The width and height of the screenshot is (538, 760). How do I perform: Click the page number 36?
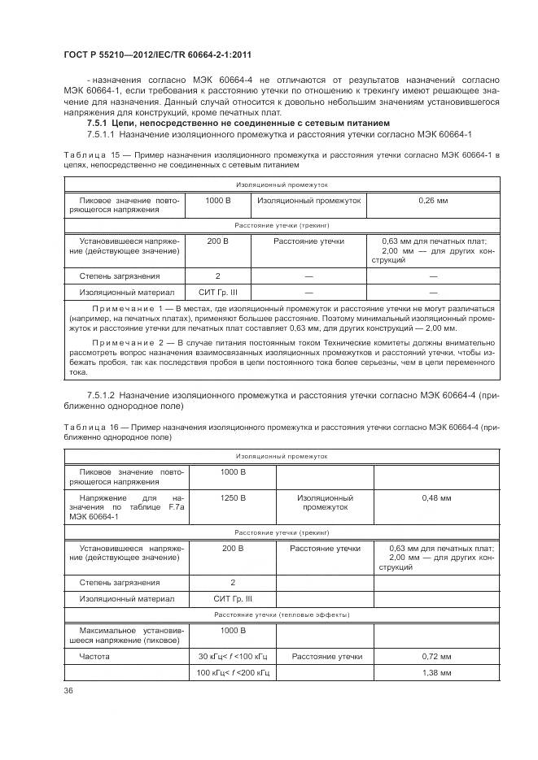pyautogui.click(x=67, y=691)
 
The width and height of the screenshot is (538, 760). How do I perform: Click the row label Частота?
pyautogui.click(x=94, y=656)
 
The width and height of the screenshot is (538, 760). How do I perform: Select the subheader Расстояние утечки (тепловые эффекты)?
pyautogui.click(x=282, y=615)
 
